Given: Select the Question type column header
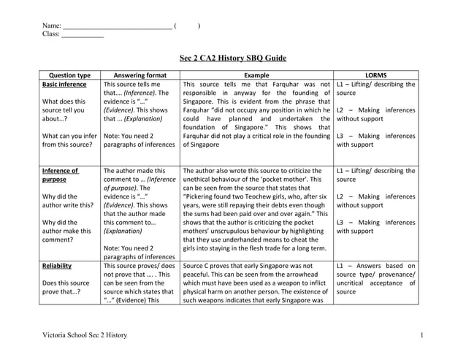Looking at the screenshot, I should pyautogui.click(x=68, y=75).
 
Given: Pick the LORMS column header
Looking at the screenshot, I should pyautogui.click(x=375, y=75).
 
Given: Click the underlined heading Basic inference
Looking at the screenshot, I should pyautogui.click(x=64, y=85).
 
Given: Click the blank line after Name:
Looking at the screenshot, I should pyautogui.click(x=117, y=26).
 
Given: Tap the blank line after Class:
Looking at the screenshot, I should pyautogui.click(x=83, y=34).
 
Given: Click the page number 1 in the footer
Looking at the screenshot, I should pyautogui.click(x=422, y=335).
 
